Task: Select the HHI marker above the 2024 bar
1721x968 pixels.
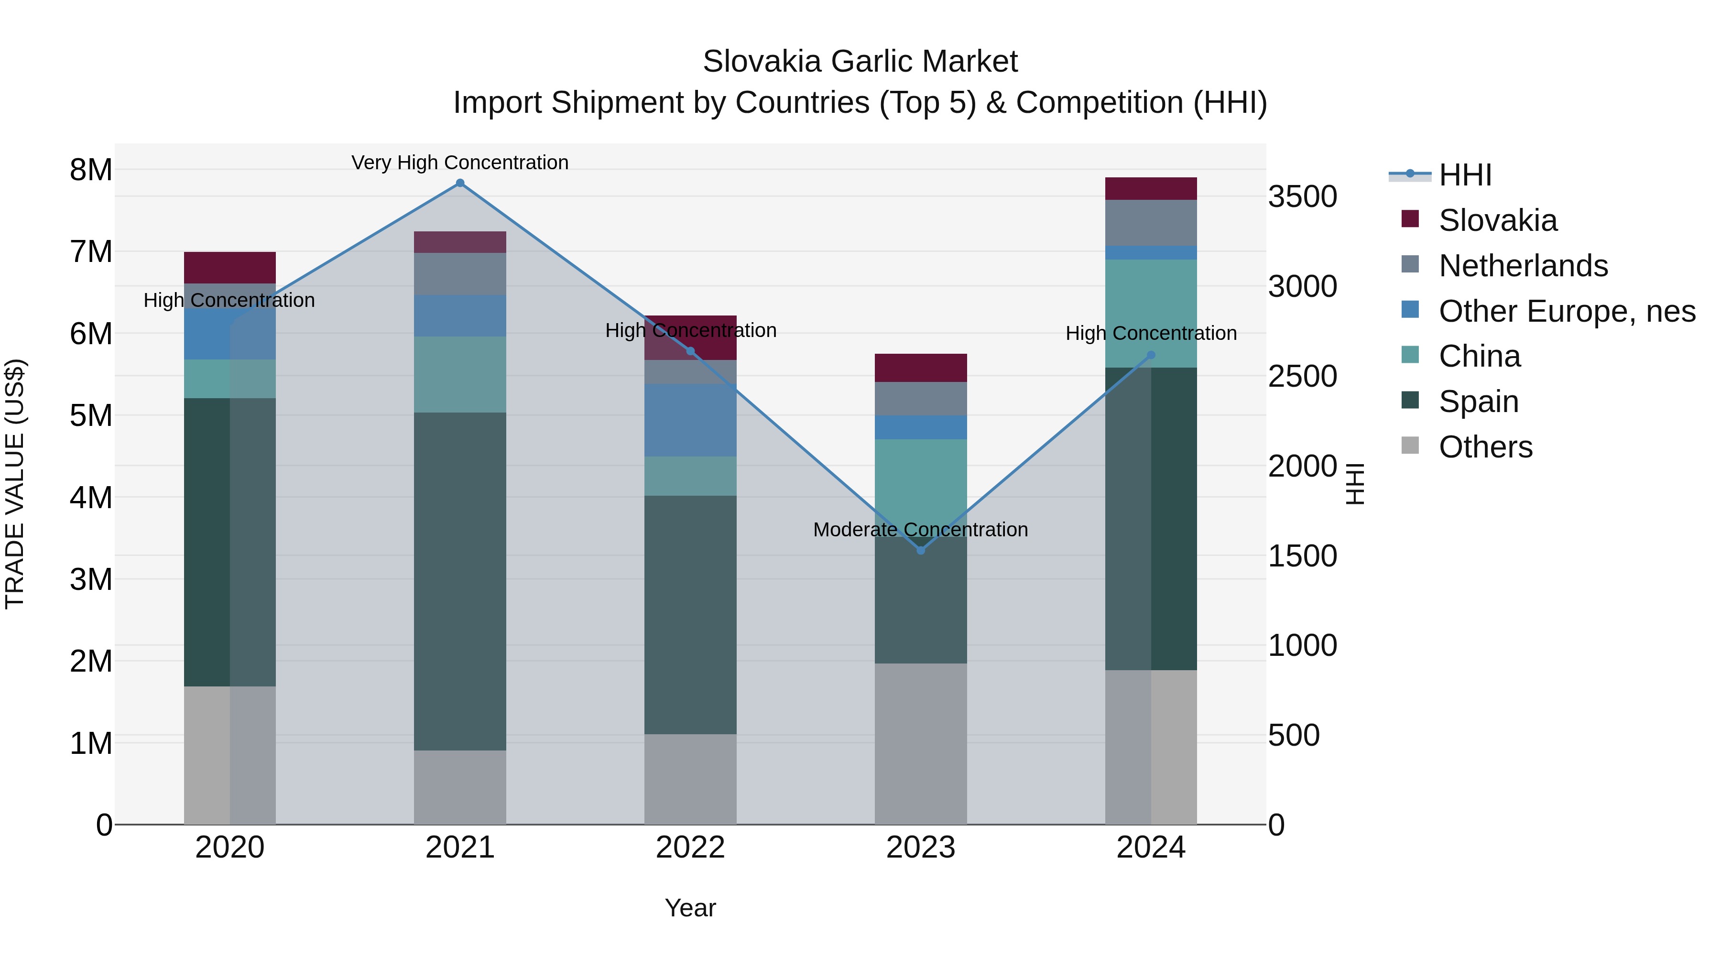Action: (x=1151, y=355)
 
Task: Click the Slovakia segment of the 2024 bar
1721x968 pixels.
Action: (x=1151, y=189)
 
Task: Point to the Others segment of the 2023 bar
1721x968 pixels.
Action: (x=921, y=743)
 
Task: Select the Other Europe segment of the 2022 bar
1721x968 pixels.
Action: (x=690, y=420)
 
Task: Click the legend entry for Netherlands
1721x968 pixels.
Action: (x=1523, y=266)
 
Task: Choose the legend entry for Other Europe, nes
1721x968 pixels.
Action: (x=1567, y=311)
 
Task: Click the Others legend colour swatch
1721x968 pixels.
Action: (x=1410, y=446)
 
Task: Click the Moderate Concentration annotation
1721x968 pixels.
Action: (x=921, y=530)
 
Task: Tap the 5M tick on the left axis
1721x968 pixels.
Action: (x=91, y=415)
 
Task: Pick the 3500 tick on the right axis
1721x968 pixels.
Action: (x=1302, y=197)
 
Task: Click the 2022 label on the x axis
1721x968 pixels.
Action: (x=690, y=848)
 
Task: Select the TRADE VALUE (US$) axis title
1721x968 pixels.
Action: (x=15, y=484)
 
